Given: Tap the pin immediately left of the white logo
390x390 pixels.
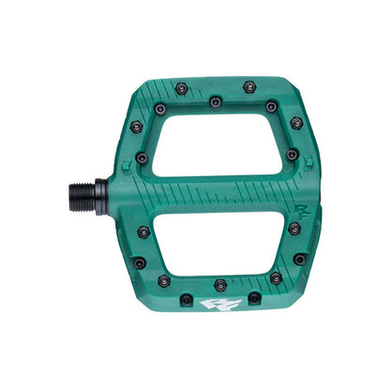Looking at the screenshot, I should (187, 300).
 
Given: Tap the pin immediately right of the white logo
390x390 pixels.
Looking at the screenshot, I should (254, 298).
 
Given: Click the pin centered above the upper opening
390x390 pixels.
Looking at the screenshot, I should (216, 101).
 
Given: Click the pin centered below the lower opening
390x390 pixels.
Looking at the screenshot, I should (220, 284).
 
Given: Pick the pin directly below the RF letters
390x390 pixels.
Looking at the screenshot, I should (294, 228).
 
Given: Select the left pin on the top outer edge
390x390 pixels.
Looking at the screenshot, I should (181, 88).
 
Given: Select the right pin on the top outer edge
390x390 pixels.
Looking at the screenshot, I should (248, 86).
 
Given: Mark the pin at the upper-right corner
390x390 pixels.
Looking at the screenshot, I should (296, 123).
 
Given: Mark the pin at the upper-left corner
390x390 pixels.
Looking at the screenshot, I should (136, 126).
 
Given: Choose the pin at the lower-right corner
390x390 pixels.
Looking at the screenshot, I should (299, 259).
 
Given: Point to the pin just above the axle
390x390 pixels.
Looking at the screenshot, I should (142, 158).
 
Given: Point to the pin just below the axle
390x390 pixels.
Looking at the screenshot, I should (143, 231).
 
